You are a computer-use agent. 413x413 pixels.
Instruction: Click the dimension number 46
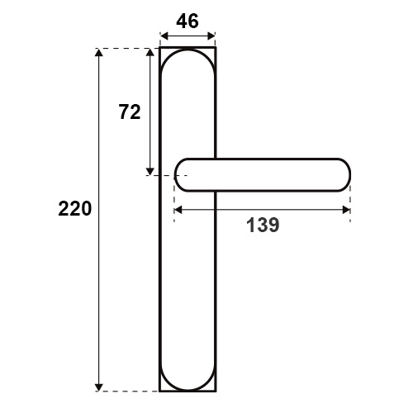click(188, 21)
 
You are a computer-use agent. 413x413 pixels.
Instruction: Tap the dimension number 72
click(130, 112)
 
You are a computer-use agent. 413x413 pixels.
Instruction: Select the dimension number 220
click(74, 209)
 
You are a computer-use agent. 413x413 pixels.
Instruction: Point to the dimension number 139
click(263, 225)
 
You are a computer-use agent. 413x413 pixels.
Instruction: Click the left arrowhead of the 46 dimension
click(164, 36)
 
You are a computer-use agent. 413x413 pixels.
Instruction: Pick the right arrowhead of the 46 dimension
click(211, 36)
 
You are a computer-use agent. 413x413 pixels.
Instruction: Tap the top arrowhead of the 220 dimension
click(99, 52)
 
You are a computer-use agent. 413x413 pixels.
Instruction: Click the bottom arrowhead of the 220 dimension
click(99, 387)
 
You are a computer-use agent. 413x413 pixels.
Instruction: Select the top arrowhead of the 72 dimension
click(150, 53)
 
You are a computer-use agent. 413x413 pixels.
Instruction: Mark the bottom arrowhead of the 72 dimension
click(150, 171)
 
